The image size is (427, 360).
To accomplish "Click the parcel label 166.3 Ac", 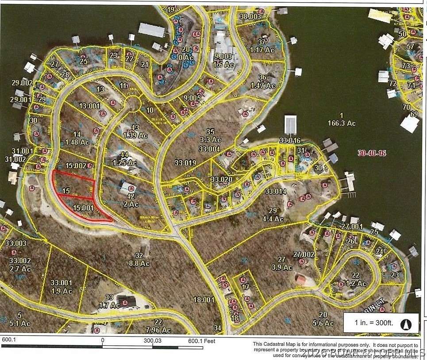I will click(x=342, y=123).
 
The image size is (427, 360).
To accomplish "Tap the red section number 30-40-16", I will click(x=371, y=153).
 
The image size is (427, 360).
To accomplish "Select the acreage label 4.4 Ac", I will click(x=273, y=218).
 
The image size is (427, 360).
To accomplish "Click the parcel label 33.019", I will click(x=185, y=163).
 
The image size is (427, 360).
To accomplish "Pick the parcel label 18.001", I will click(x=204, y=299).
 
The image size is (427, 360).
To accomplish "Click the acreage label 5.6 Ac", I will click(x=323, y=323).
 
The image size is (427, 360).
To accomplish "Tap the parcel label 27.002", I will click(x=304, y=254).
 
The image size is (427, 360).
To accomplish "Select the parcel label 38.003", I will click(x=250, y=16).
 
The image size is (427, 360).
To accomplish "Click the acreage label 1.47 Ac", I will click(x=262, y=85).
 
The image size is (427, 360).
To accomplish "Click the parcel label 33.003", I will click(x=16, y=243).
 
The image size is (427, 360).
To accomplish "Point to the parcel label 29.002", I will click(x=22, y=83).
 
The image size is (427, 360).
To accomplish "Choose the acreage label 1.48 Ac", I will click(x=77, y=142).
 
